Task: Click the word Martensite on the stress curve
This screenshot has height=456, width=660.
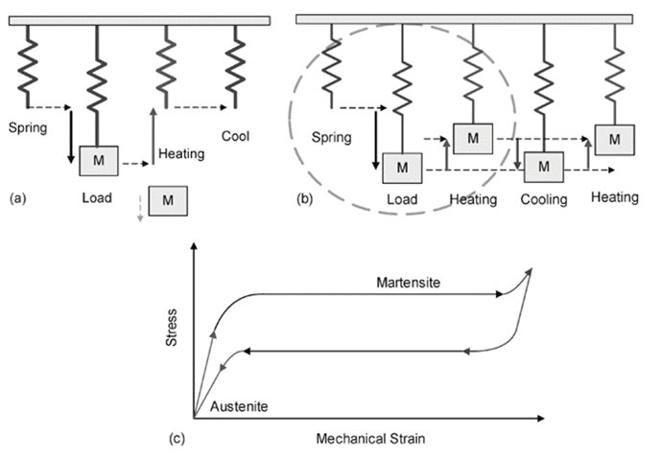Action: pos(406,282)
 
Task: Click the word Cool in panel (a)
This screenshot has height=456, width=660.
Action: pos(235,136)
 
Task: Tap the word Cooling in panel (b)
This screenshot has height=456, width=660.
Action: pos(544,200)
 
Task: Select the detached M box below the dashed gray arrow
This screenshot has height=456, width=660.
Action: pos(169,201)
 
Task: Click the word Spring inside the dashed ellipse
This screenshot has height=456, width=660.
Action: pos(333,137)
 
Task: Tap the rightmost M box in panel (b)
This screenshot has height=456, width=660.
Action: pos(614,139)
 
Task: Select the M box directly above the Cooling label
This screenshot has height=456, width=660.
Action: pos(544,166)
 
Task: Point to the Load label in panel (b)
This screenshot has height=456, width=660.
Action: pos(401,199)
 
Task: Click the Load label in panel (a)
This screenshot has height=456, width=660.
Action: pos(98,199)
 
